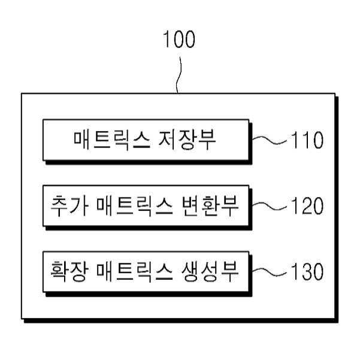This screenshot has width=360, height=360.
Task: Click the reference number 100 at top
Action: [x=179, y=40]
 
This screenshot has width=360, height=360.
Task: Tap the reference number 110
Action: [x=307, y=140]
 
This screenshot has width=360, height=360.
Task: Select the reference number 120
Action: [x=307, y=206]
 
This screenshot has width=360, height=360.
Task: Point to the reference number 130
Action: [x=307, y=271]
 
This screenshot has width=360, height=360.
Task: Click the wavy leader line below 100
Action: [x=179, y=75]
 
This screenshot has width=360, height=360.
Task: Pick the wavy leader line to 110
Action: [x=270, y=140]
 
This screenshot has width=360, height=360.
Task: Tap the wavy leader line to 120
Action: [x=270, y=206]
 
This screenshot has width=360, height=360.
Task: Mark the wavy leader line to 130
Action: [x=270, y=272]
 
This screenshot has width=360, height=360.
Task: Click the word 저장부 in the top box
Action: [x=187, y=140]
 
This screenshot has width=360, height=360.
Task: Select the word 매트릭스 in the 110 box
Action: [x=112, y=140]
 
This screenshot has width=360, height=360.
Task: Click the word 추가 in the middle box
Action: [x=69, y=205]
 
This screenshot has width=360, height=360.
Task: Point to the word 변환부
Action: [x=210, y=205]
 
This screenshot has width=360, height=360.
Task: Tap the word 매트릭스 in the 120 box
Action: [x=135, y=206]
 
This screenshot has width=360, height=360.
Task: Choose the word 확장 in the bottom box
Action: [x=69, y=271]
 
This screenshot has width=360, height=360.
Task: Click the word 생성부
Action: [x=210, y=271]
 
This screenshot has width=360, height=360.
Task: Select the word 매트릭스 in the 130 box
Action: [x=135, y=272]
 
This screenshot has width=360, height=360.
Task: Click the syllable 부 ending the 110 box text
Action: [x=207, y=140]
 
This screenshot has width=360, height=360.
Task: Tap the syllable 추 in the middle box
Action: [x=59, y=205]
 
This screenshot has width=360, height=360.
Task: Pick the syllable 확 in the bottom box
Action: [x=59, y=271]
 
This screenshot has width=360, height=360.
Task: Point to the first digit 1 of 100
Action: [x=167, y=40]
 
